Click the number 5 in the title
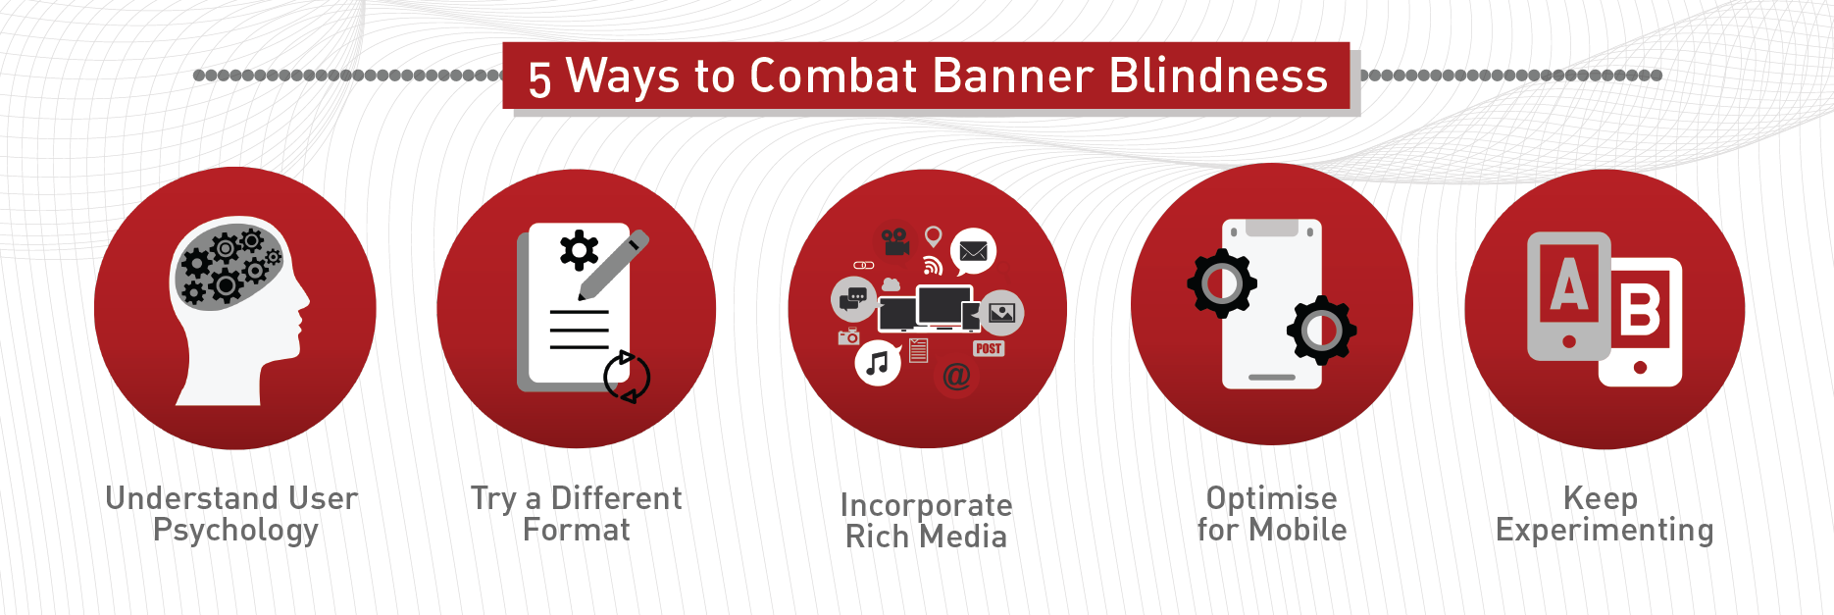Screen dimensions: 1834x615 pyautogui.click(x=539, y=78)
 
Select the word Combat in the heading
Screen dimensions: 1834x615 pyautogui.click(x=834, y=76)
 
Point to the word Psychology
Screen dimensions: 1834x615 pyautogui.click(x=235, y=532)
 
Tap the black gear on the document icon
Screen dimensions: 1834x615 pyautogui.click(x=579, y=250)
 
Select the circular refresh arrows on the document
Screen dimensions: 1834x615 pyautogui.click(x=627, y=377)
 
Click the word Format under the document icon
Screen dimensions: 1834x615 pyautogui.click(x=577, y=530)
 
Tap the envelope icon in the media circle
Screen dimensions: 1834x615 pyautogui.click(x=973, y=252)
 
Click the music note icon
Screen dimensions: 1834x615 pyautogui.click(x=878, y=364)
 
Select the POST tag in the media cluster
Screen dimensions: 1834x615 pyautogui.click(x=989, y=348)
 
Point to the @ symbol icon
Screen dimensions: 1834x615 pyautogui.click(x=956, y=376)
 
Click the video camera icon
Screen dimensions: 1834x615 pyautogui.click(x=894, y=241)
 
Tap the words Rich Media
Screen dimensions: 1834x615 pyautogui.click(x=926, y=537)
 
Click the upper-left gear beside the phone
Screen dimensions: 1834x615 pyautogui.click(x=1222, y=283)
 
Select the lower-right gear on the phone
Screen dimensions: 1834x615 pyautogui.click(x=1321, y=331)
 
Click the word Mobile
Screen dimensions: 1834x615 pyautogui.click(x=1298, y=530)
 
